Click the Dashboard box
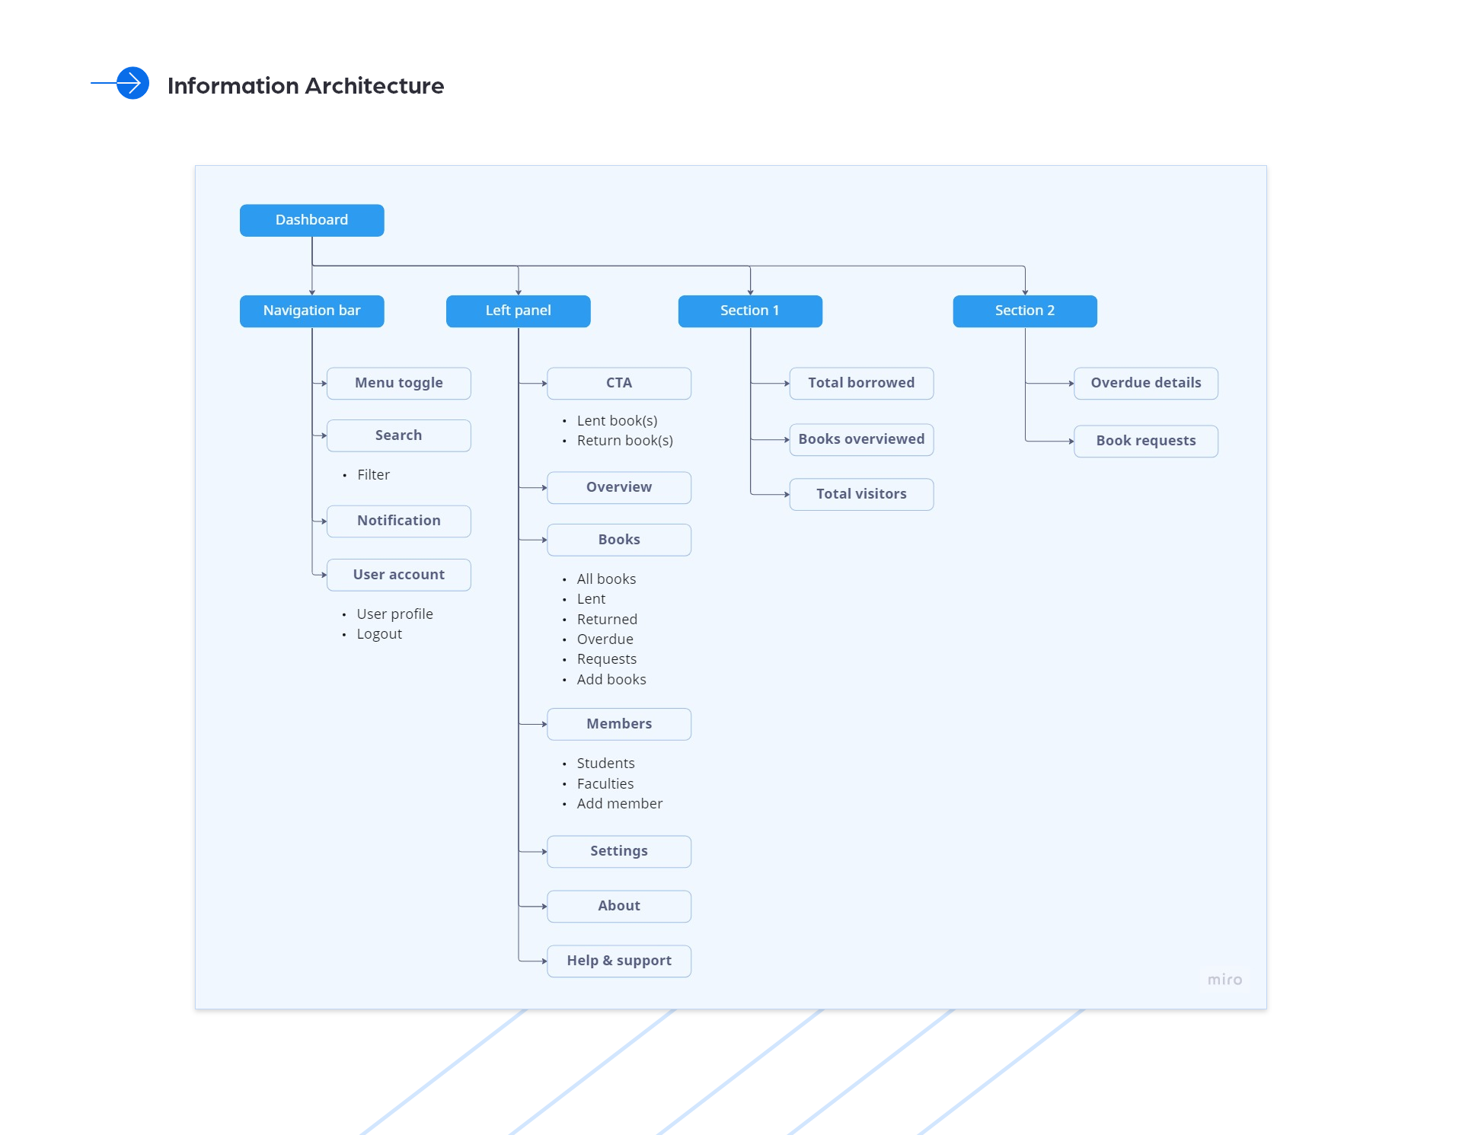311,220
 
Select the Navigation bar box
311,311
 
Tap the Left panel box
518,311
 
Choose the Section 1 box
750,311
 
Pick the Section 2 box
1024,311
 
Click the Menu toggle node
398,383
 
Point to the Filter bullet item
373,475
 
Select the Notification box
398,521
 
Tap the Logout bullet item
379,634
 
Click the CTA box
618,383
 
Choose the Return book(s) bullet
624,441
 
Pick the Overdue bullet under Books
605,639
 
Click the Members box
618,724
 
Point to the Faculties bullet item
605,784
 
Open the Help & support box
618,961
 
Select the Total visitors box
861,494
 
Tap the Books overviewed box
861,439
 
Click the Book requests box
1145,441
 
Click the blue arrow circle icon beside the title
132,83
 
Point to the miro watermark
1224,980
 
